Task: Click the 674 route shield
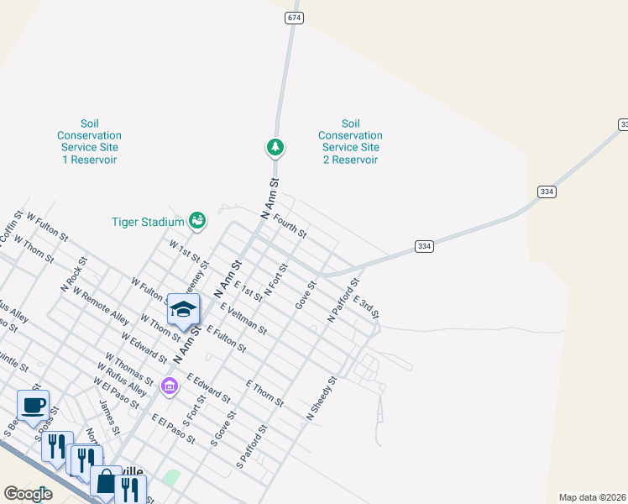(x=293, y=18)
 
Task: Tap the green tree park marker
(x=275, y=148)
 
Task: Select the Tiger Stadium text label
(x=148, y=222)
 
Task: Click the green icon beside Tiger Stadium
(x=197, y=221)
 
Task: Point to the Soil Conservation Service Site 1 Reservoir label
(x=89, y=141)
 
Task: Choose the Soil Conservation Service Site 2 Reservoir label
(x=350, y=141)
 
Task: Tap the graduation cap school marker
(x=183, y=310)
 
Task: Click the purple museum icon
(x=170, y=386)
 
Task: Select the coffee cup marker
(x=34, y=406)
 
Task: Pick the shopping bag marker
(x=107, y=483)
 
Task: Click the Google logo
(x=29, y=494)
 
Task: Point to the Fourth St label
(x=290, y=223)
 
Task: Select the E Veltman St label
(x=243, y=318)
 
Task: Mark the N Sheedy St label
(x=322, y=399)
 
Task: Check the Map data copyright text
(x=592, y=497)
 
